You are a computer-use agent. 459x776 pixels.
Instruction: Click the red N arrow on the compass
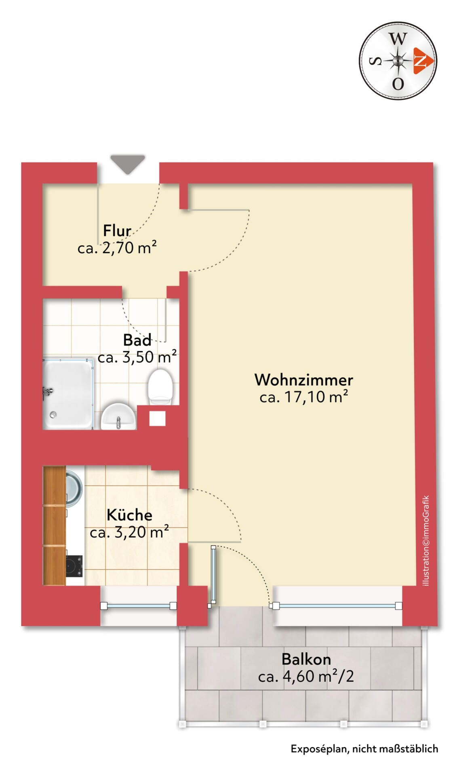coord(423,61)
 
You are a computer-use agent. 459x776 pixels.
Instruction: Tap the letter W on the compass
coord(398,39)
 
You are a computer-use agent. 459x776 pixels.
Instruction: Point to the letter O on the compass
coord(398,84)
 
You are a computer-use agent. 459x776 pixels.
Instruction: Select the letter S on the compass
coord(376,61)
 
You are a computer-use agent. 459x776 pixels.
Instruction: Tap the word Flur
coord(117,231)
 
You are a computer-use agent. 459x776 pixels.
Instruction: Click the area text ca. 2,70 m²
coord(117,248)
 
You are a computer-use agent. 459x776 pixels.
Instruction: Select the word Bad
coord(137,340)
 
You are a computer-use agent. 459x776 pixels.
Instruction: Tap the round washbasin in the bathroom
coord(118,416)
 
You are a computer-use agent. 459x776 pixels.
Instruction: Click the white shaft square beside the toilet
coord(157,418)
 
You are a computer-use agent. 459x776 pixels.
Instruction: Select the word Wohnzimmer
coord(304,380)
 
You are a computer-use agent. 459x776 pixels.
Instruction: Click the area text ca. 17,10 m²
coord(304,397)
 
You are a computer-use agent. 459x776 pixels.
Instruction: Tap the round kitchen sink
coord(74,488)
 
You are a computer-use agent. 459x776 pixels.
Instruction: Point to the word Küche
coord(129,515)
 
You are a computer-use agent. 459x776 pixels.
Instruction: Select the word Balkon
coord(306,659)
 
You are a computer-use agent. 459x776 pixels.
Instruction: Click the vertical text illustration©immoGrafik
coord(425,541)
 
